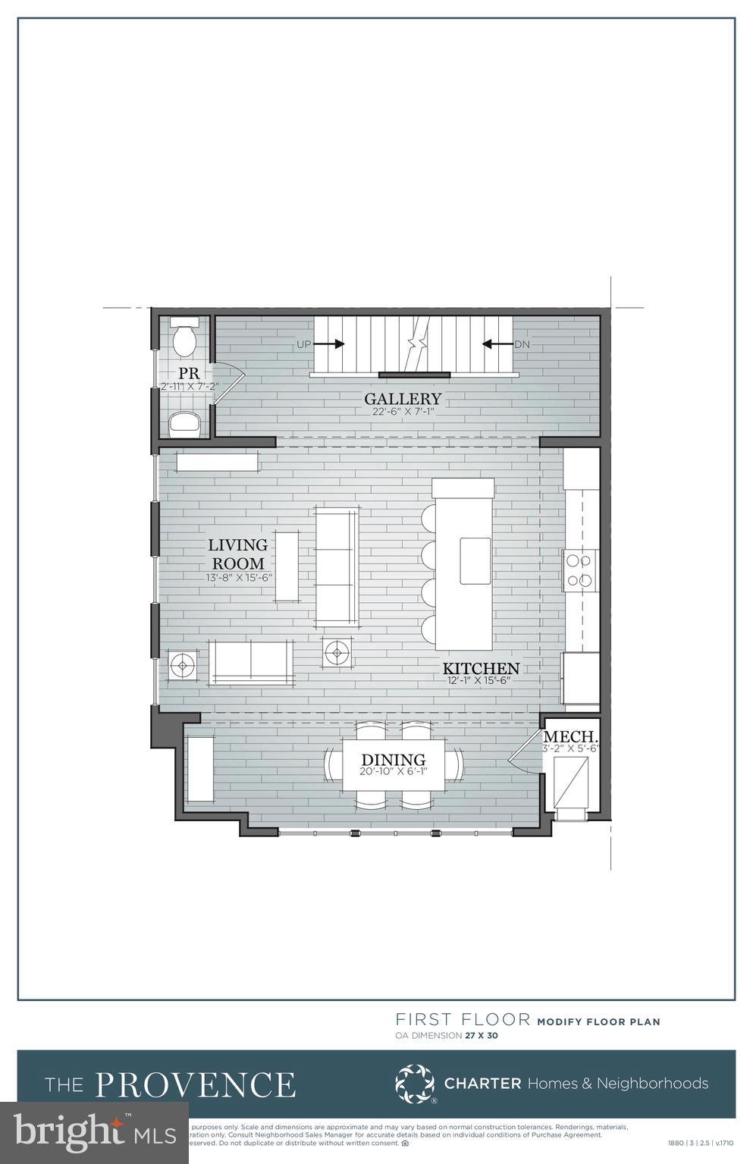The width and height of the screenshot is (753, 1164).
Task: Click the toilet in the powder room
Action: [x=185, y=338]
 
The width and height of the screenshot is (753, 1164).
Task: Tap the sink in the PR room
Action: [x=184, y=422]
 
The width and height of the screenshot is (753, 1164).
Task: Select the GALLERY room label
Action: [x=402, y=399]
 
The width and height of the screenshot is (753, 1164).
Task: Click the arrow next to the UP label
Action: [x=329, y=344]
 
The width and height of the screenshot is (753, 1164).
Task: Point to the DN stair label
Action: [x=522, y=344]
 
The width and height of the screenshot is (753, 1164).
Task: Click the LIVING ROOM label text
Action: [x=238, y=554]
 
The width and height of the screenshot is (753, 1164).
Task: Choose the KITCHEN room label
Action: [x=481, y=668]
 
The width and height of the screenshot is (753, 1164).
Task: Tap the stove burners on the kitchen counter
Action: [x=579, y=571]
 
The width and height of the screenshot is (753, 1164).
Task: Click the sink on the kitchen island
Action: [x=475, y=560]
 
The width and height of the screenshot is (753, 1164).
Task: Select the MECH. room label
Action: [x=571, y=736]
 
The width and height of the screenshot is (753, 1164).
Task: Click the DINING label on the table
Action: [x=393, y=760]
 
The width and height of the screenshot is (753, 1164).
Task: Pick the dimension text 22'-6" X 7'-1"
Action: [x=402, y=413]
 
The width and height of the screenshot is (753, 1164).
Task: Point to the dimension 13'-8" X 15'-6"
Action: [x=239, y=577]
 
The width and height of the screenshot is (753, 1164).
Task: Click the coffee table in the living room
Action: [x=287, y=566]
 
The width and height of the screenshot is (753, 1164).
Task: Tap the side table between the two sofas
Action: [x=337, y=651]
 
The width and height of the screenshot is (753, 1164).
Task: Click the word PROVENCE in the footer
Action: [x=195, y=1085]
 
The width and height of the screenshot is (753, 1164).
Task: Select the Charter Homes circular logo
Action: [x=415, y=1084]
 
